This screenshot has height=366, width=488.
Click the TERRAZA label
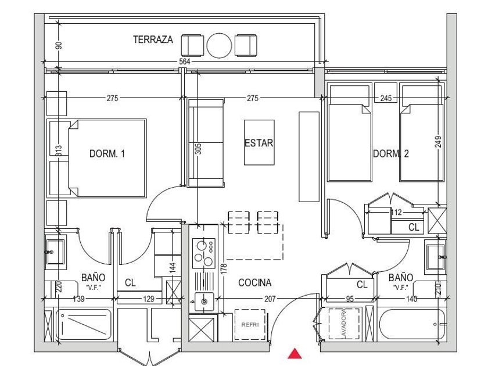coord(153,40)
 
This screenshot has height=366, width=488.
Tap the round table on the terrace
coord(220,45)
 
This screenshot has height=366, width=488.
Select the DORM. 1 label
coord(107,154)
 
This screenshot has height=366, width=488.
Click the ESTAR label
coord(259,143)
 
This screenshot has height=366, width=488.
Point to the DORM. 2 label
coord(391,154)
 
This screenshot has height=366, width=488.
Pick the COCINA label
coord(254,283)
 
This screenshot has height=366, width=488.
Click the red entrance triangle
coord(296,353)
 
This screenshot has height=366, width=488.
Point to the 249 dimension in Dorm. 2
coord(438,142)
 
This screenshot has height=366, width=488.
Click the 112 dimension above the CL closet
coord(397,213)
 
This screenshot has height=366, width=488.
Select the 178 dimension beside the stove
coord(223,270)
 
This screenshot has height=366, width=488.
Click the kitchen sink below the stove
coord(203,301)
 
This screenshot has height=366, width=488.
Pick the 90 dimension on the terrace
coord(58,45)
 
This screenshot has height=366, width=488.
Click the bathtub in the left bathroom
coord(84,325)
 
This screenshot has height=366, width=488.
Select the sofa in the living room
coord(206,142)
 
